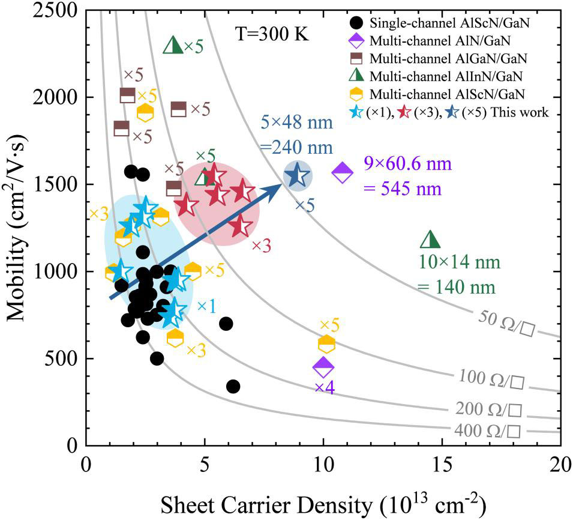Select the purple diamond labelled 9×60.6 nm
click(x=342, y=173)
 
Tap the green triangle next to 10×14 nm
click(x=430, y=239)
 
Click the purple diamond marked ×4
click(x=323, y=366)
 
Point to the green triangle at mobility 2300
click(x=173, y=44)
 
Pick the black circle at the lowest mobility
click(x=233, y=386)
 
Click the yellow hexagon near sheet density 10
click(x=326, y=344)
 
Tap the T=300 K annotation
click(x=272, y=34)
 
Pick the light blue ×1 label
click(x=206, y=306)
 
